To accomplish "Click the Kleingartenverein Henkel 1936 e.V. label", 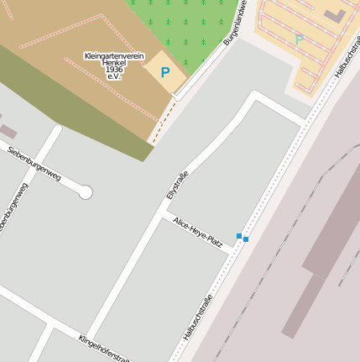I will coord(115,66).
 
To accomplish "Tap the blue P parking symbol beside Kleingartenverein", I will coord(164,73).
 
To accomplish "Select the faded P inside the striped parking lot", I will coord(300,39).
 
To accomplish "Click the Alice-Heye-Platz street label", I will coord(198,233).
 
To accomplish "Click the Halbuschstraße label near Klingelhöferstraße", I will coord(198,317).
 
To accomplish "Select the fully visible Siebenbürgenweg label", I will coord(34,163).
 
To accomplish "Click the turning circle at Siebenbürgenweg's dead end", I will coord(85,192).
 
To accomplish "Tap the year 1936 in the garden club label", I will coord(115,70).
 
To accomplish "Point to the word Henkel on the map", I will coord(115,63).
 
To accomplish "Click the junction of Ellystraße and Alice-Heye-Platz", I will coord(161,216).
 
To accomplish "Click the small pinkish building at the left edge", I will coord(7,132).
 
